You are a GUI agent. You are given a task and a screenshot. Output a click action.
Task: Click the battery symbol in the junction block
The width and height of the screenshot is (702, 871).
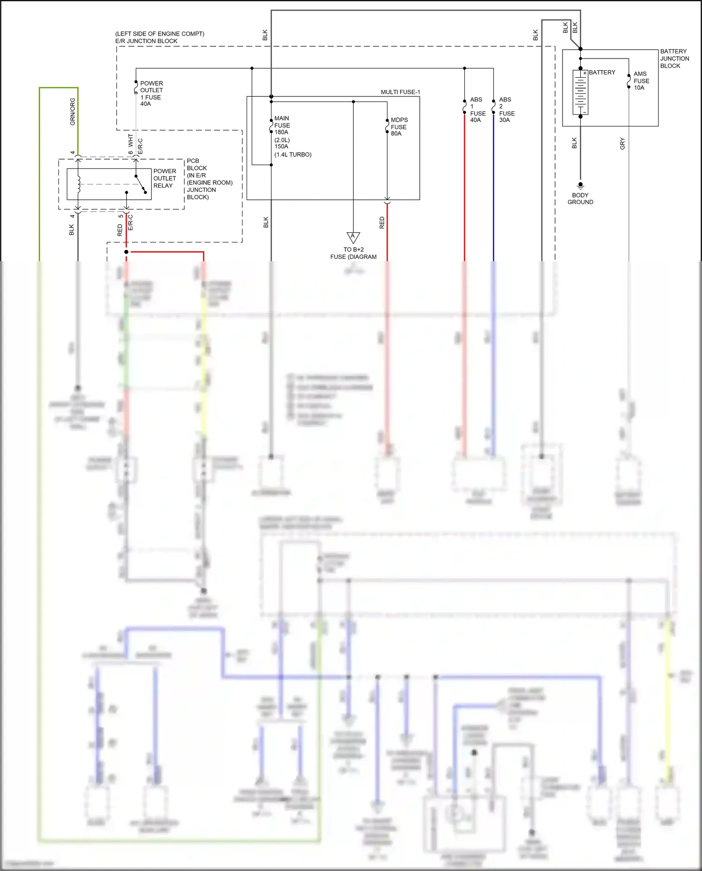tap(580, 92)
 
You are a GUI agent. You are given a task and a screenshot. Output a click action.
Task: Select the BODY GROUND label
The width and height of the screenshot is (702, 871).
tap(580, 198)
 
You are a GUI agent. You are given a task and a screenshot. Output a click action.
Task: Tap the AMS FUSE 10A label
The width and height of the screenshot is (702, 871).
tap(641, 81)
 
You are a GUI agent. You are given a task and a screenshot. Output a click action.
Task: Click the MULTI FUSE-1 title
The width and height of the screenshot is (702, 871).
tap(400, 92)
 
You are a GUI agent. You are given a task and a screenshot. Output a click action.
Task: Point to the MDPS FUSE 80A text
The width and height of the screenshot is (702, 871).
tap(399, 126)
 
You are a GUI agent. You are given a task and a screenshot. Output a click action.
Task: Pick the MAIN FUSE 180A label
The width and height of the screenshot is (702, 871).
tap(282, 125)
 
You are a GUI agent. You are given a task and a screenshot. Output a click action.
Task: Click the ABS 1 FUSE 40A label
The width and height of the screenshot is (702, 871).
tap(477, 110)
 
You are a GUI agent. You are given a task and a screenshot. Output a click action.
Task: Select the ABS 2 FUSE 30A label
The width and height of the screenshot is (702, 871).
tap(506, 110)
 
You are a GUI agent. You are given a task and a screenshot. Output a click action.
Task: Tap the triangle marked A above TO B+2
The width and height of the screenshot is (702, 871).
tap(353, 237)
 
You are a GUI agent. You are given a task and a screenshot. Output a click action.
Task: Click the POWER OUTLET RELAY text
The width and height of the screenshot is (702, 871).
tap(165, 178)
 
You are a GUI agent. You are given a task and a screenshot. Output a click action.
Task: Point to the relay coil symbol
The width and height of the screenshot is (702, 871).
tap(79, 184)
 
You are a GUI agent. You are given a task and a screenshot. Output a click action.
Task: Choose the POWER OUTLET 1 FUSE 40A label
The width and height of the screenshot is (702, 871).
tap(151, 94)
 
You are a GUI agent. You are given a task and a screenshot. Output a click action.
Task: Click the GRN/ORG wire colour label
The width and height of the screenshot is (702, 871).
tap(73, 111)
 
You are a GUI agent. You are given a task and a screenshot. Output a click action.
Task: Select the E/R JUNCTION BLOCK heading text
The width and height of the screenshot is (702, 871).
tap(146, 41)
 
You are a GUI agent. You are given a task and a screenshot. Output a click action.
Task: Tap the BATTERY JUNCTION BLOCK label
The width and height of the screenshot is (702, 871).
tap(674, 59)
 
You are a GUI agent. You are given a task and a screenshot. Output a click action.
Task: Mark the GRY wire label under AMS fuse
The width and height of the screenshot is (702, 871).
tap(622, 143)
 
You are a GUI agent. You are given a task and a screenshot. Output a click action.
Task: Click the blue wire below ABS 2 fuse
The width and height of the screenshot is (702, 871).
tap(493, 197)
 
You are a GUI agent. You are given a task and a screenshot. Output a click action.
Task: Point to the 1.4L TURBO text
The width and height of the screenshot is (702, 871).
tap(293, 154)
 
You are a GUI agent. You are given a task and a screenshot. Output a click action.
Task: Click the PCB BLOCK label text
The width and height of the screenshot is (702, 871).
tap(197, 164)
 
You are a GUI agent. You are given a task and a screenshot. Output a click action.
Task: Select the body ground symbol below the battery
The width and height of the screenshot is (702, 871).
tap(580, 185)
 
